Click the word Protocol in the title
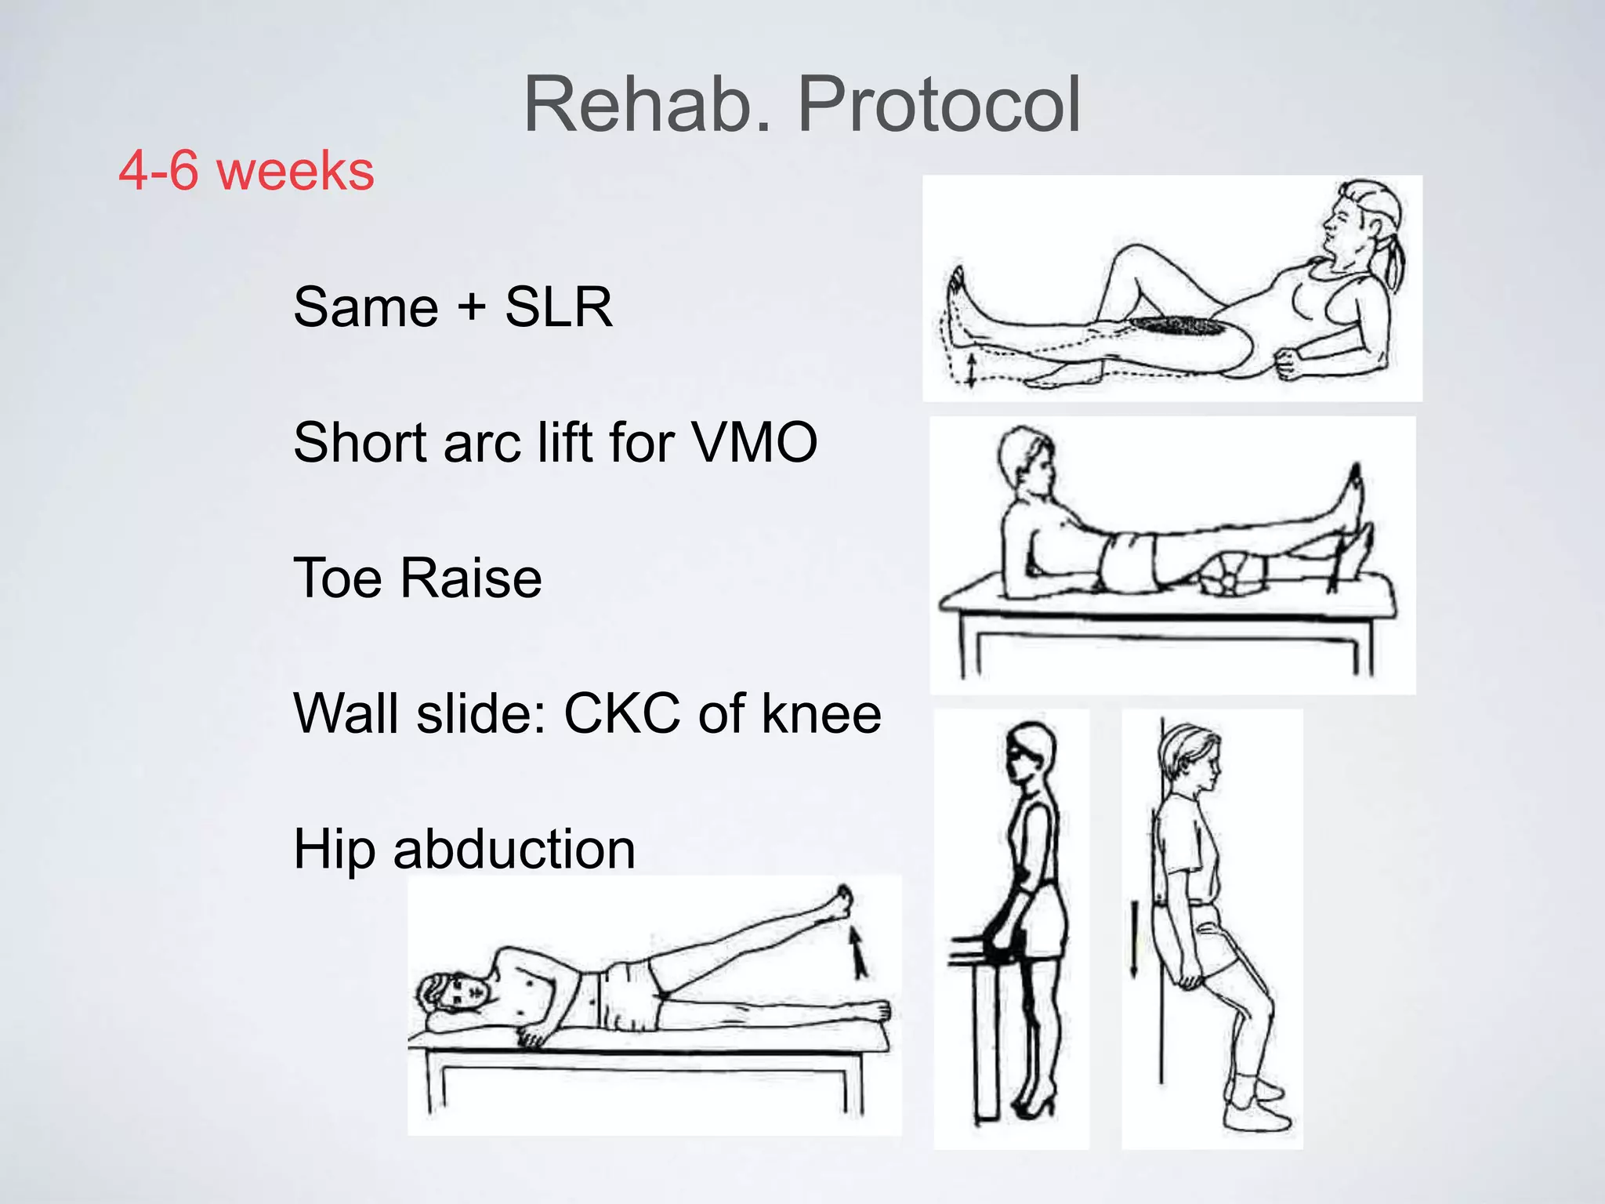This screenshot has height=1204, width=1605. coord(939,105)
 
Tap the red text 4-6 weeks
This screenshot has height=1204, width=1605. coord(246,171)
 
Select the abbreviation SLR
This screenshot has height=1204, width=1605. coord(558,306)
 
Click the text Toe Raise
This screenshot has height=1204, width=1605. coord(417,578)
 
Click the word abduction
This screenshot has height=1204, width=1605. coord(514,849)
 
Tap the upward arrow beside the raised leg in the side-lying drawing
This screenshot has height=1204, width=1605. coord(860,950)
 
